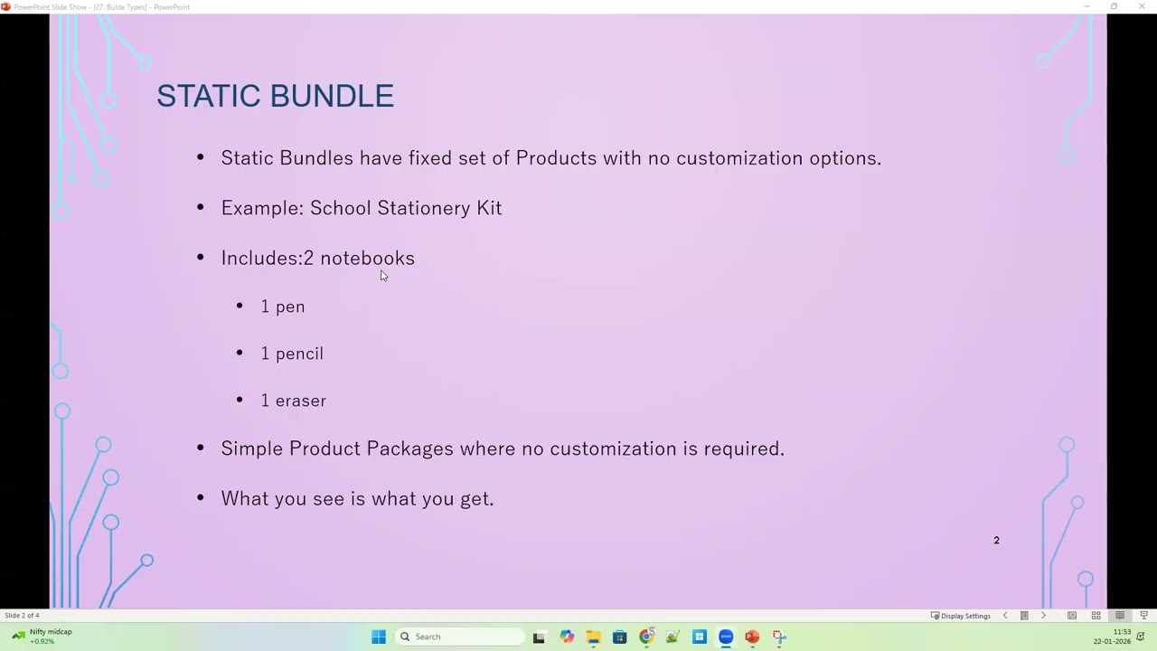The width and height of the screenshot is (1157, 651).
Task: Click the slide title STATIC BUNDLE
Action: click(275, 96)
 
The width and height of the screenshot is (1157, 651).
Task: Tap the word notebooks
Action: click(367, 259)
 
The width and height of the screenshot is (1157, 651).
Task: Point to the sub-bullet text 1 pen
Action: click(283, 307)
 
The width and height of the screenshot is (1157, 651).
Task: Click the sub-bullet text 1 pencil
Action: click(292, 354)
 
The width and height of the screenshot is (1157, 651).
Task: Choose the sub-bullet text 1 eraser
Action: click(294, 401)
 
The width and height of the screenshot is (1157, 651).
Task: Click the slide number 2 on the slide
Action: click(997, 541)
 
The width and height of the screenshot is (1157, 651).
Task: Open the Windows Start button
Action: click(379, 637)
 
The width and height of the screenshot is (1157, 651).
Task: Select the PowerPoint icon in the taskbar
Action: click(752, 637)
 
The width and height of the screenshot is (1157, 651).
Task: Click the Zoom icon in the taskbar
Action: click(726, 637)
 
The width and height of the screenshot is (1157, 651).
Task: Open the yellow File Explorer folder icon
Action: click(593, 637)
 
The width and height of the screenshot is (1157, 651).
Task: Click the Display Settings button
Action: click(961, 616)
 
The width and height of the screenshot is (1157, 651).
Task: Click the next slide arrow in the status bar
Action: click(1043, 616)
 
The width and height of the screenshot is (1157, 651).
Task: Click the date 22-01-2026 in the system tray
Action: click(1112, 641)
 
